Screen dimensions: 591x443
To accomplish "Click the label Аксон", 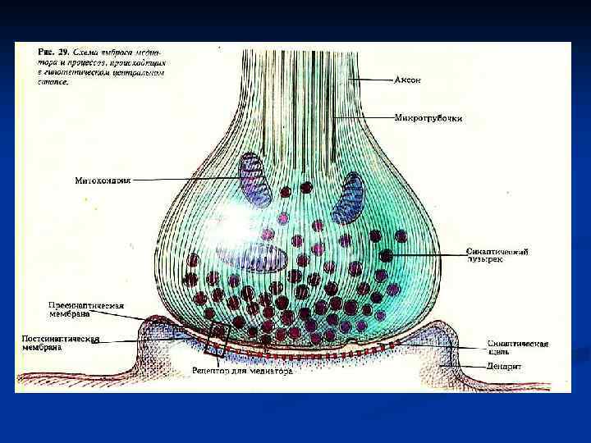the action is pos(408,80).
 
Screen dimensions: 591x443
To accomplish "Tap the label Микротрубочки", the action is pos(428,118).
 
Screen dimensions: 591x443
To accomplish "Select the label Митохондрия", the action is pos(103,180).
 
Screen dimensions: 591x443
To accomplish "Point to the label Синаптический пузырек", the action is pos(497,256).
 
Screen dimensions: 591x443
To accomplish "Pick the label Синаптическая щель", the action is pos(517,349).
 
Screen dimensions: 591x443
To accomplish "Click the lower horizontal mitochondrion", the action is pos(262,256).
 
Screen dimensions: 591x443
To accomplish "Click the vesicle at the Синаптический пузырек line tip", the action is pos(385,255).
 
